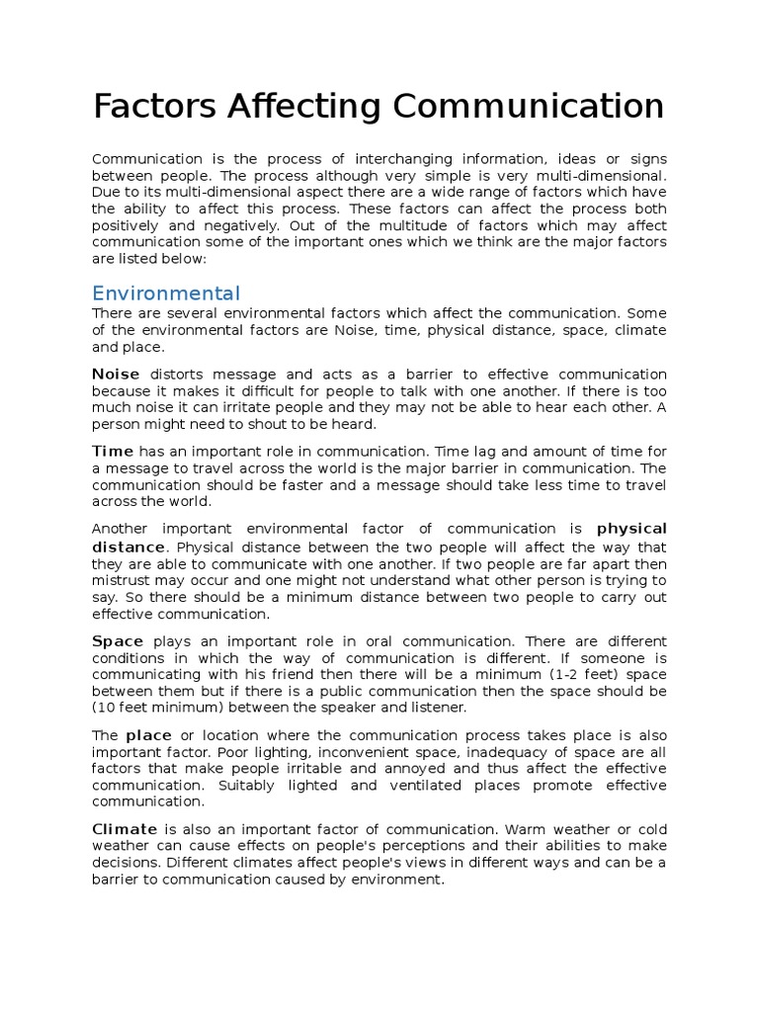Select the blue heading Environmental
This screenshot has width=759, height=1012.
(x=165, y=294)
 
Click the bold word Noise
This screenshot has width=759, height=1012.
(x=116, y=375)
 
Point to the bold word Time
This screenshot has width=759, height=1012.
(x=113, y=451)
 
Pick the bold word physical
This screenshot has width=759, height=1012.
(x=632, y=528)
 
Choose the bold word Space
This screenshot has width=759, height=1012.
(x=118, y=640)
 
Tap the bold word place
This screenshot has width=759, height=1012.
(x=148, y=735)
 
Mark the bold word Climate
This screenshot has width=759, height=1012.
(x=125, y=828)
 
